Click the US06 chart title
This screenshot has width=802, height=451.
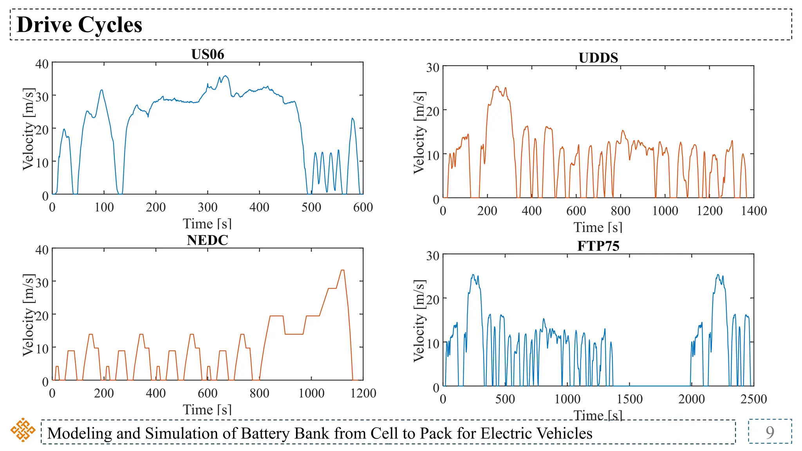click(208, 54)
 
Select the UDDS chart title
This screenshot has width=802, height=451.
click(598, 58)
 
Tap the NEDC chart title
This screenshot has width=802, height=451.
click(207, 240)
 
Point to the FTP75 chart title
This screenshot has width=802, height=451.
click(598, 246)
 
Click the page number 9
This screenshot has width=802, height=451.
click(769, 432)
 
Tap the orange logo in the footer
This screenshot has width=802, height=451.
click(23, 430)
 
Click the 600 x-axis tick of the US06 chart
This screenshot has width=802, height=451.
click(363, 207)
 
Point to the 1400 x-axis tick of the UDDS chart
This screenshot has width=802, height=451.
click(753, 211)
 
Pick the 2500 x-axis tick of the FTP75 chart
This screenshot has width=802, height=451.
click(753, 399)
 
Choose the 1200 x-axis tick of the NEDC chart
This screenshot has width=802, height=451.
click(363, 393)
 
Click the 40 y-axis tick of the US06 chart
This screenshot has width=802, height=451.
click(42, 64)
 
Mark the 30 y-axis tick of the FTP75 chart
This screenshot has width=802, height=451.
click(433, 256)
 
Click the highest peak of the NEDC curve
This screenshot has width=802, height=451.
click(343, 270)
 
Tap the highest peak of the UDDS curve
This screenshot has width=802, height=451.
click(497, 87)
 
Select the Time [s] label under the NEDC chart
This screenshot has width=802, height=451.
click(207, 410)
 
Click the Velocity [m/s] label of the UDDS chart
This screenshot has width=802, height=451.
click(419, 133)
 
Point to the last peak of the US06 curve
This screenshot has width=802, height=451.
click(352, 118)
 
